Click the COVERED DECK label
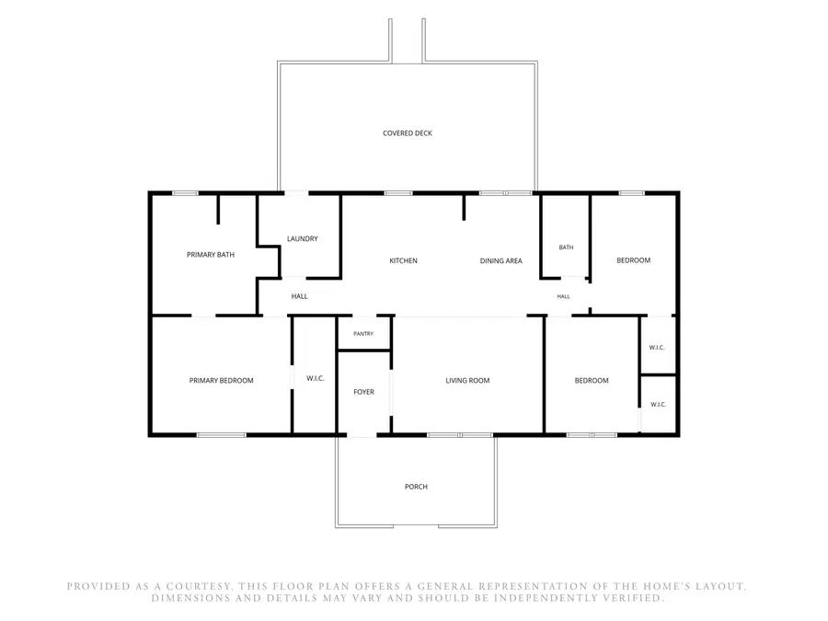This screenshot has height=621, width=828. pyautogui.click(x=408, y=133)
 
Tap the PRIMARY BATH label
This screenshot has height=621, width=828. pyautogui.click(x=210, y=255)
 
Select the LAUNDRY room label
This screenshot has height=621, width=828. pyautogui.click(x=302, y=238)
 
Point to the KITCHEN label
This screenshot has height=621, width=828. pyautogui.click(x=403, y=260)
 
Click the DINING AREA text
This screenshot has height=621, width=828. pyautogui.click(x=500, y=260)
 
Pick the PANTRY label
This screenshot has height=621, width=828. pyautogui.click(x=363, y=334)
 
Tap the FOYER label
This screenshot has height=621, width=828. pyautogui.click(x=363, y=392)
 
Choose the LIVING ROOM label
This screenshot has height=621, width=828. pyautogui.click(x=467, y=380)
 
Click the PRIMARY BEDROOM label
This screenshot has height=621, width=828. pyautogui.click(x=221, y=380)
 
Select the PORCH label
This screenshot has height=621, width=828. pyautogui.click(x=416, y=487)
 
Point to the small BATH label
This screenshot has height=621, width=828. pyautogui.click(x=566, y=247)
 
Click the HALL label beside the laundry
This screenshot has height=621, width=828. pyautogui.click(x=299, y=296)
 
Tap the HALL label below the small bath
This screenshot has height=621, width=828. pyautogui.click(x=563, y=296)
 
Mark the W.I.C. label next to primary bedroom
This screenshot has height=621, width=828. pyautogui.click(x=316, y=378)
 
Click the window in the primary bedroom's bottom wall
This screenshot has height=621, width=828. pyautogui.click(x=221, y=435)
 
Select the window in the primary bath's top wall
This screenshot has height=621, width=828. pyautogui.click(x=185, y=193)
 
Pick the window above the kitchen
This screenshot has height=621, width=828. pyautogui.click(x=398, y=193)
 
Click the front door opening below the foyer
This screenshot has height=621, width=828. pyautogui.click(x=362, y=435)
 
